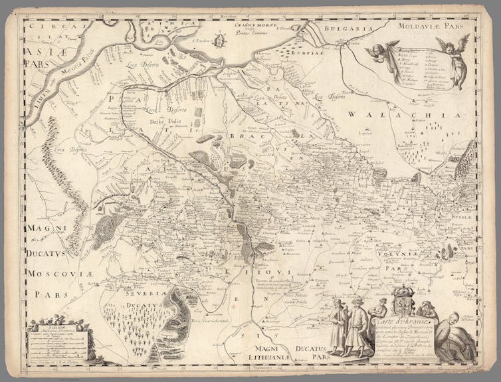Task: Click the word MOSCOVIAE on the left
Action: pos(50,273)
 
